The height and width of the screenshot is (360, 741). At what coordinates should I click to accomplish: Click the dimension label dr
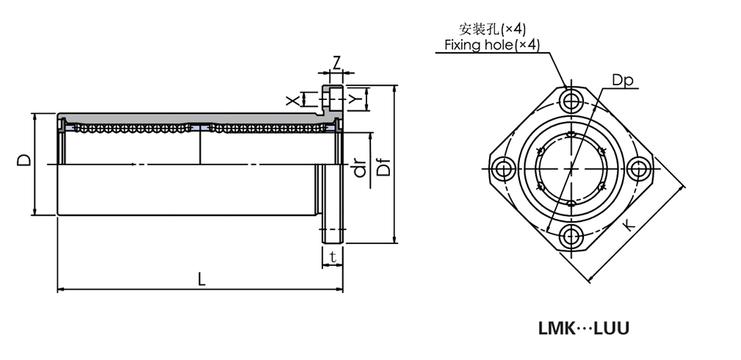[359, 170]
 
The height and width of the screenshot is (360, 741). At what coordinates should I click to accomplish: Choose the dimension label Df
[383, 168]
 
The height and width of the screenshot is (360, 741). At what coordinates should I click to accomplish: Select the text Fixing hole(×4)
[492, 45]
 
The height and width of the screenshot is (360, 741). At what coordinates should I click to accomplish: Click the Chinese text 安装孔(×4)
[492, 29]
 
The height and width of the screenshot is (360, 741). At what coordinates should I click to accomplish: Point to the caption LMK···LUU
[584, 328]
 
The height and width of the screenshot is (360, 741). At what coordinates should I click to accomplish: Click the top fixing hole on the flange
[571, 101]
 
